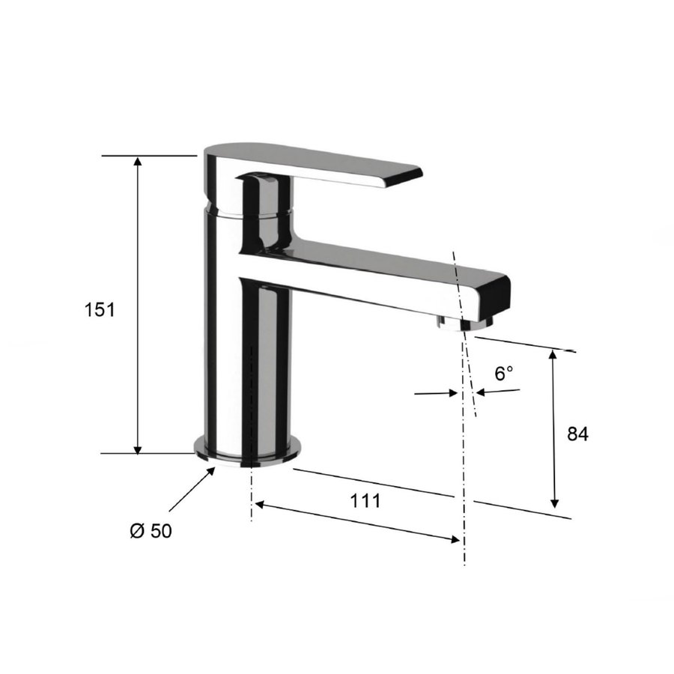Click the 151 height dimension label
100,309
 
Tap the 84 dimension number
577,434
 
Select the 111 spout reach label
365,501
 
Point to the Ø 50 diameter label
151,531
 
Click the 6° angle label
505,372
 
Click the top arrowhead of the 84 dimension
554,356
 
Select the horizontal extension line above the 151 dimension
148,156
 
